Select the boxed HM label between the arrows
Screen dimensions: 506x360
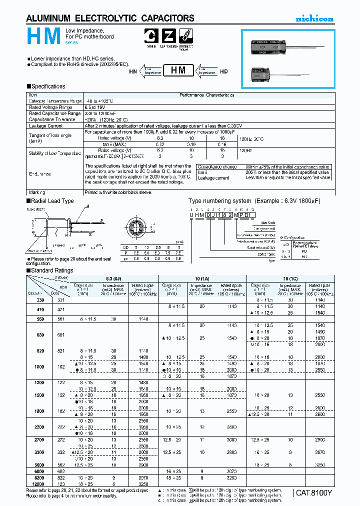click(178, 71)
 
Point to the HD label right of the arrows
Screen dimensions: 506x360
click(223, 71)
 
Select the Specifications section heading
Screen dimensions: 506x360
click(47, 86)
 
